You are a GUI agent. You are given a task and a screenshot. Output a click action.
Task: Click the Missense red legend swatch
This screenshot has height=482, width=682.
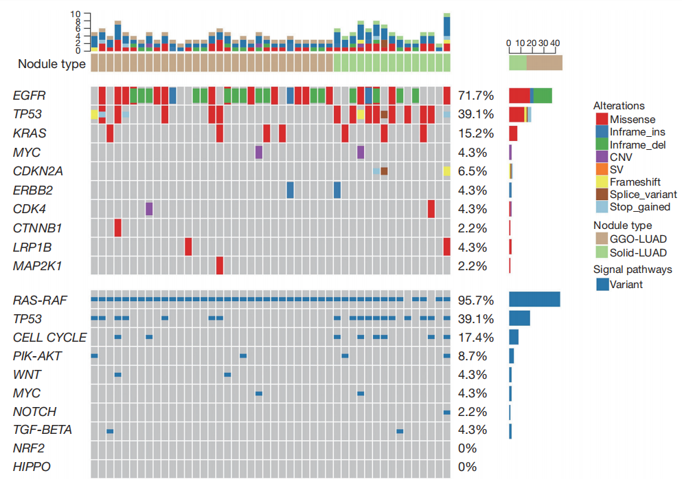[601, 120]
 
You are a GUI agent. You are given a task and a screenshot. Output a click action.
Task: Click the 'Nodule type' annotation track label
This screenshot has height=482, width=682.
[52, 64]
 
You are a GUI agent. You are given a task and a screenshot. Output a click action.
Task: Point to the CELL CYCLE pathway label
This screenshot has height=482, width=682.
[50, 338]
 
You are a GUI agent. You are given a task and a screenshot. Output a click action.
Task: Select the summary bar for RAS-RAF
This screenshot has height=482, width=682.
[534, 299]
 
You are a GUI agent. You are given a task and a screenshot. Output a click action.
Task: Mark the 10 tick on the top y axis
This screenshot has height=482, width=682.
[76, 14]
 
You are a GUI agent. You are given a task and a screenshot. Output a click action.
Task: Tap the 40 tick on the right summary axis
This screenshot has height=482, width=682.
[555, 43]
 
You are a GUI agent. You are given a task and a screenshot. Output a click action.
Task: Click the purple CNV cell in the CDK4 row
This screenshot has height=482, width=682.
[149, 208]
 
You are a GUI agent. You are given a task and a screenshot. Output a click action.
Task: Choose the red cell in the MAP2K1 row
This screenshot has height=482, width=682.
[220, 265]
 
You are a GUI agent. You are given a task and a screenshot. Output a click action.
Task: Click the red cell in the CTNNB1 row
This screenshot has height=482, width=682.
[118, 228]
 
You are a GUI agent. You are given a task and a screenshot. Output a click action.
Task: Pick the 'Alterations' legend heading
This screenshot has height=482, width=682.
[619, 106]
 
